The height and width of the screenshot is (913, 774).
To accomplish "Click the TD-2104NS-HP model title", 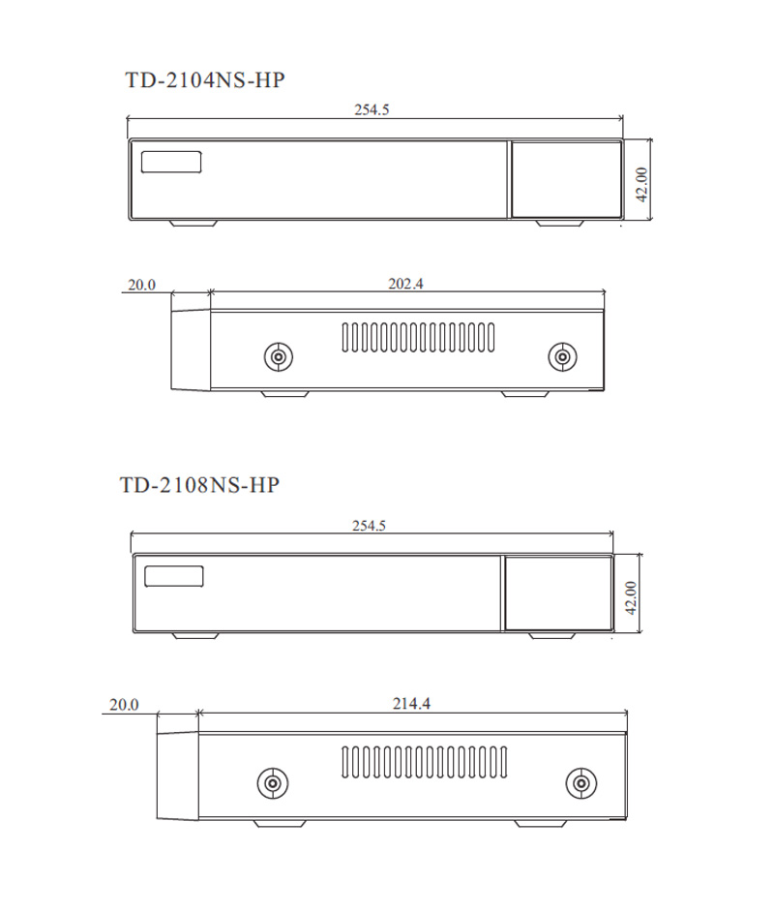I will (205, 80).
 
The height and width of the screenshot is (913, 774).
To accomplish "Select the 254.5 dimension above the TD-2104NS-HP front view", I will (372, 109).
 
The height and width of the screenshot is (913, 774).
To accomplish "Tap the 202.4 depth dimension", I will (406, 284).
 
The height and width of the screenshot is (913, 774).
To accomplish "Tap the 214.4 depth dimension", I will (411, 704).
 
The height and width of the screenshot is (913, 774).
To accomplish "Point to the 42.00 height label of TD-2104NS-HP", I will (641, 183).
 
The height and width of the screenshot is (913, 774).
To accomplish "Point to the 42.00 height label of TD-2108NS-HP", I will (631, 598).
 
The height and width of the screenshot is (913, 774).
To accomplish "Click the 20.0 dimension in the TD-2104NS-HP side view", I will (141, 285).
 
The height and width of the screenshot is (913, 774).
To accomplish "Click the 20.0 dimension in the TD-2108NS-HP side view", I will (124, 705).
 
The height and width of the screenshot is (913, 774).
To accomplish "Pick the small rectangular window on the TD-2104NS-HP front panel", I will (171, 162).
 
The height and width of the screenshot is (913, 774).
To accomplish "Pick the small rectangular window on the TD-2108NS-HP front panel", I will (174, 576).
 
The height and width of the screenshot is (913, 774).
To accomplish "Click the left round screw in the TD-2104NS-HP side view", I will (279, 357).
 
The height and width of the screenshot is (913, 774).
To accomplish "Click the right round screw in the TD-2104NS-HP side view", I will (562, 357).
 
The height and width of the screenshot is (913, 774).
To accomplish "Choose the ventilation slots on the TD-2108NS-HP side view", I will (419, 763).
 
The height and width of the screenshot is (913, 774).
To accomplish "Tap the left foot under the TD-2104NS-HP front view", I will (193, 223).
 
